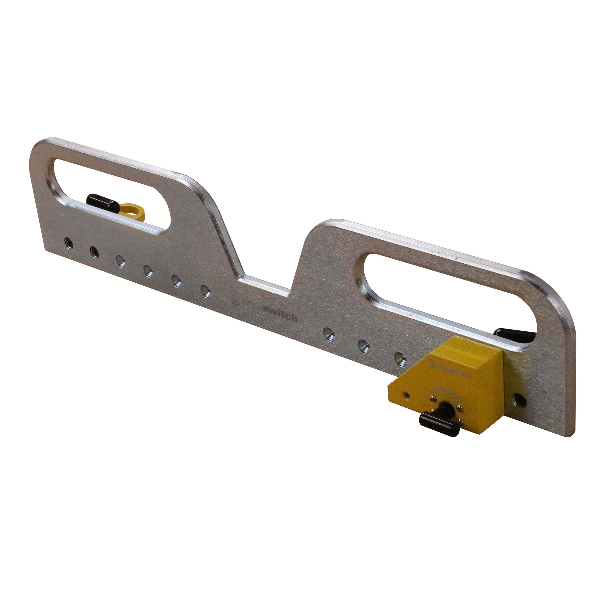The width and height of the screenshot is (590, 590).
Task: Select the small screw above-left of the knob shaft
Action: (433, 399)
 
